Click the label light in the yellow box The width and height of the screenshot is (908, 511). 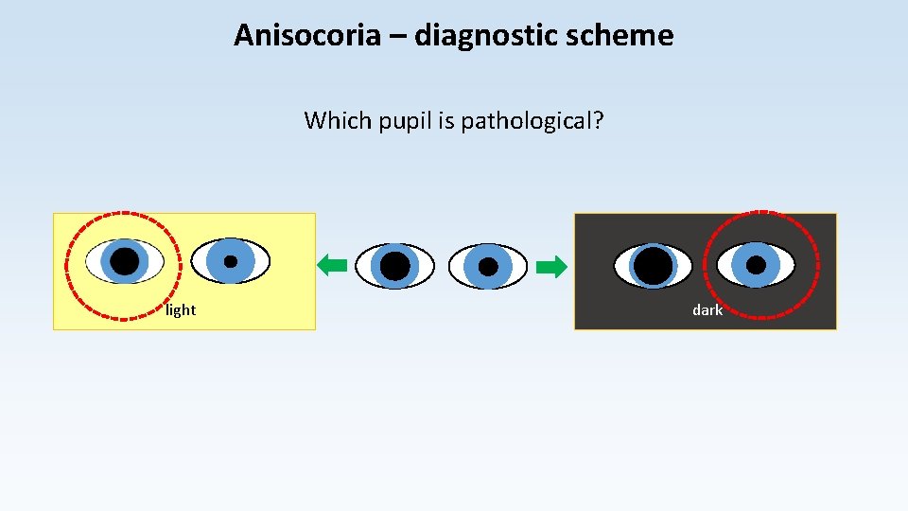(x=181, y=310)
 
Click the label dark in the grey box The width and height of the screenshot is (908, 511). (x=707, y=310)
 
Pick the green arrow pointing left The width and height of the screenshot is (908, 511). (x=332, y=266)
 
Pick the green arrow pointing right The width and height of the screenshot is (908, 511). (x=551, y=267)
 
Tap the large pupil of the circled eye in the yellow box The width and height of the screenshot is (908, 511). (x=124, y=261)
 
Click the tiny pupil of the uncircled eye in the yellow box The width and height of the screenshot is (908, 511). (x=231, y=261)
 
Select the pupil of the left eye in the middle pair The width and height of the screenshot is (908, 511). (x=394, y=266)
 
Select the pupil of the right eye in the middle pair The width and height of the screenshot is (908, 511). (x=488, y=267)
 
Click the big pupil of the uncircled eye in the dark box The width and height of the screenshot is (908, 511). (x=653, y=266)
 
